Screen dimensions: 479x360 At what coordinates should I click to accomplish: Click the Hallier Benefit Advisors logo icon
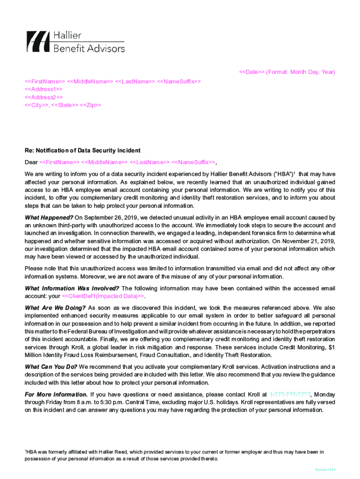tap(37, 42)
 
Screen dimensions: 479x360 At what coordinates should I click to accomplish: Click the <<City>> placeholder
tap(36, 105)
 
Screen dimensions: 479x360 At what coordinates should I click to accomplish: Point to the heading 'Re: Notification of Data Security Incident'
tap(82, 151)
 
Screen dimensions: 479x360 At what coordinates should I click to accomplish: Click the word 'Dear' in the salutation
tap(31, 162)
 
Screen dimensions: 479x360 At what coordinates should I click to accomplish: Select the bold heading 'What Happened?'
tap(49, 218)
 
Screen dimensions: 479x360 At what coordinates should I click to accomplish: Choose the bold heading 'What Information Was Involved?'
tap(72, 288)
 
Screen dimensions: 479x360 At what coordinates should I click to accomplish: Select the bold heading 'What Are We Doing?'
tap(55, 308)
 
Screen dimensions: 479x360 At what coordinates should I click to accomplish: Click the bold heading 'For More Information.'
tap(56, 394)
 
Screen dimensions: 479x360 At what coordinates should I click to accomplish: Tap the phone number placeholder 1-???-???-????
tap(290, 394)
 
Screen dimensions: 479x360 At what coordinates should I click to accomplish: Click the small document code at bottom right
tap(325, 470)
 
